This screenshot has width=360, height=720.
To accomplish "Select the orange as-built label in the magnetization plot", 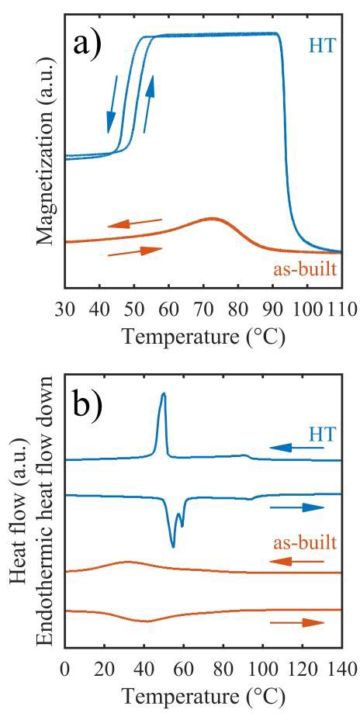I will coord(305,272).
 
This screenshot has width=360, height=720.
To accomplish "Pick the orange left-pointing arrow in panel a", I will coord(135,223).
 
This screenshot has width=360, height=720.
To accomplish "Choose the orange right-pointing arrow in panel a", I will coord(135,251).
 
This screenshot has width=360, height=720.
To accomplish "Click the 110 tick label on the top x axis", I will coord(341,310).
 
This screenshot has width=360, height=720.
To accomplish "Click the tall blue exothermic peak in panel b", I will coord(163,396).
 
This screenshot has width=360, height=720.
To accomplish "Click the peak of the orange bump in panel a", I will coord(211,219).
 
